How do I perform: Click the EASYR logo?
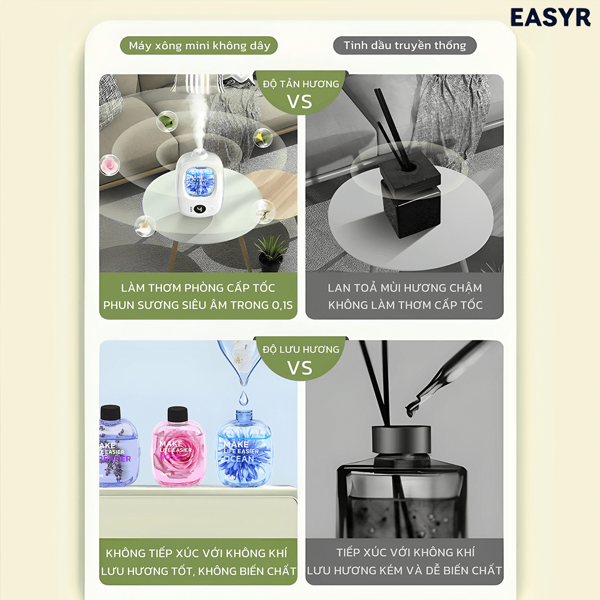point(551,18)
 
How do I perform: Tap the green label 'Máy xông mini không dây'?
point(199,45)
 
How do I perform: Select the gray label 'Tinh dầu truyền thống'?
point(404,45)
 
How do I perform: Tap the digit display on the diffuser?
point(199,209)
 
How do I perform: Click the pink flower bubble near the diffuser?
point(109,164)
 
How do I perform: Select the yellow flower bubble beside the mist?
point(263,137)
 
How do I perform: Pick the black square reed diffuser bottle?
point(410,201)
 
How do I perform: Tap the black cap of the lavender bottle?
point(111,412)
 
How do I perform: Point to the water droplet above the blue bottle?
point(243,398)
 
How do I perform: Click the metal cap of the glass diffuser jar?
point(401,440)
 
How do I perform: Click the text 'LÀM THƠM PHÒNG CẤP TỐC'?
point(198,288)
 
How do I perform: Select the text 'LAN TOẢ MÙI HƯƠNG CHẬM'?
point(404,288)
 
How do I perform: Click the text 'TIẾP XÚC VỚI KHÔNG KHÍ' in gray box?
point(405,553)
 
